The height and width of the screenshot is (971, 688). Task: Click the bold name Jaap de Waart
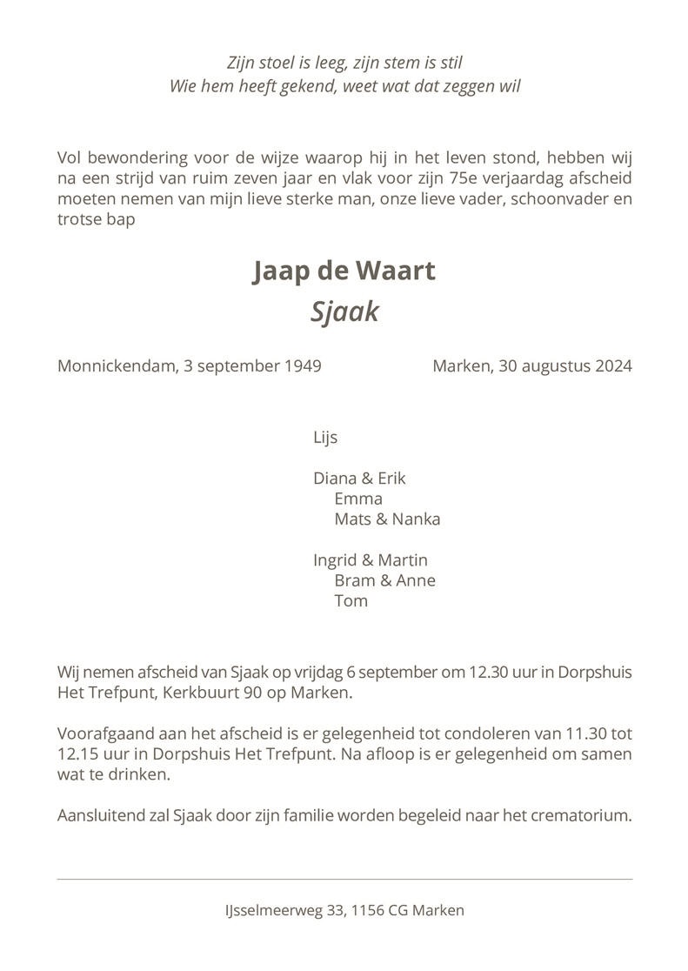click(344, 271)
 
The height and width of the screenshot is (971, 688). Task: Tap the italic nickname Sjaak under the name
click(344, 311)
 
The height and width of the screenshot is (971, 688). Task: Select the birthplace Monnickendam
click(118, 366)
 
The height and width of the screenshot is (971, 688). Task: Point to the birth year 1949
click(303, 366)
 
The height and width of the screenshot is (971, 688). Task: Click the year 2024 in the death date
click(613, 366)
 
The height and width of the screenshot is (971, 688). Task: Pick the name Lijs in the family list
click(325, 438)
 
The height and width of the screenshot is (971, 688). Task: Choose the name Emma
click(358, 499)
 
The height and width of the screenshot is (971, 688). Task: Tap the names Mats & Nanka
click(387, 519)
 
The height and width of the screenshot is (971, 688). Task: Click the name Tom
click(351, 600)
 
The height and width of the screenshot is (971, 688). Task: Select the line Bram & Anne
click(384, 580)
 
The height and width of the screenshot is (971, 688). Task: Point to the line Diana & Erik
click(359, 479)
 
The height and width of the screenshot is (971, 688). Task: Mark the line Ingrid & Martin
click(371, 560)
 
